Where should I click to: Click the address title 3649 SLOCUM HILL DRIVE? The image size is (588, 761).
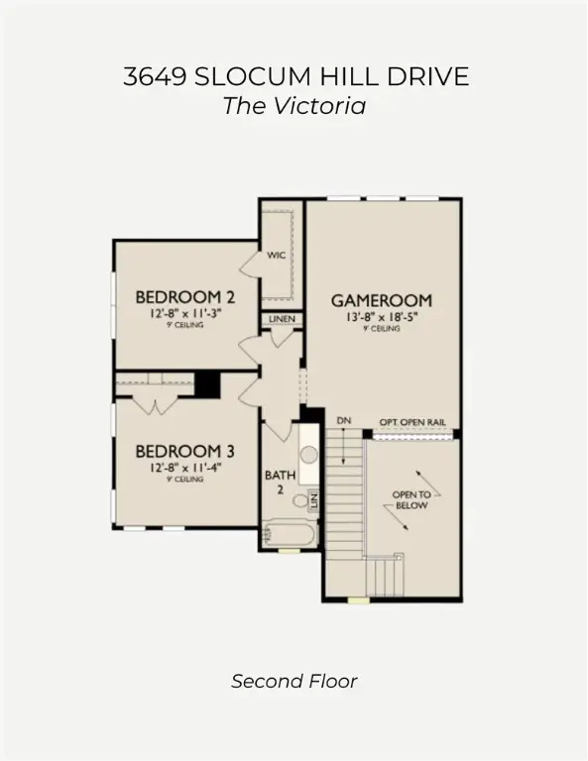294,77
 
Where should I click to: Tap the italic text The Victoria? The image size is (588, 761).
294,105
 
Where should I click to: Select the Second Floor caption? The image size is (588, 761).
294,681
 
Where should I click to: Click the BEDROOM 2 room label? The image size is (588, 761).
185,296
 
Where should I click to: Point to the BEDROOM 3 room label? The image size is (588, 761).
185,451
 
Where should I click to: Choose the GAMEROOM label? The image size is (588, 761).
382,299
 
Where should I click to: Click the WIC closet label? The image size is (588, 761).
277,255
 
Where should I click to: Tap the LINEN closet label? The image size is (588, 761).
281,319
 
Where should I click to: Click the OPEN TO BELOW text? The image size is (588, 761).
410,498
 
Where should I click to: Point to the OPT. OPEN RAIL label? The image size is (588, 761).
412,422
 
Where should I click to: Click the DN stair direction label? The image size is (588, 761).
344,422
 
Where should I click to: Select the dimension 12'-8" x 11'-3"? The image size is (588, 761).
185,312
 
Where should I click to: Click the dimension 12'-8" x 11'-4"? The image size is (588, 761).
185,467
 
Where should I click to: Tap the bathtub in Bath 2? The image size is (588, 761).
290,535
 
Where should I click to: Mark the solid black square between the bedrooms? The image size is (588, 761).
207,383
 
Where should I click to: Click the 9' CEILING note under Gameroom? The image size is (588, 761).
382,329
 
